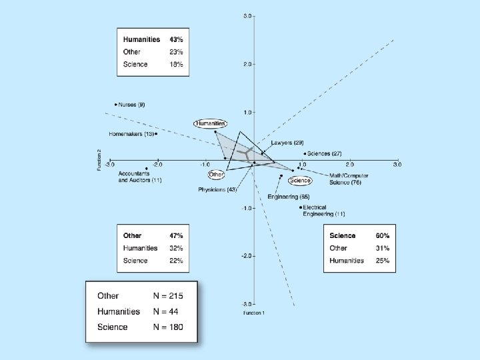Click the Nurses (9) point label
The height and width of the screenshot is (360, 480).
coord(132,105)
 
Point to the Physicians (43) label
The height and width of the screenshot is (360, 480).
coord(217,190)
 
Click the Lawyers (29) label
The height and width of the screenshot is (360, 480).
coord(287,143)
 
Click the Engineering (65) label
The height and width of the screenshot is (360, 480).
coord(289,197)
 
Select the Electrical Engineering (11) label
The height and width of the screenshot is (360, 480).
coord(323,211)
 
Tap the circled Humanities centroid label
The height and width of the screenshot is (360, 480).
coord(211,123)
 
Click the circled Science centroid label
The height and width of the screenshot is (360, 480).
coord(300,180)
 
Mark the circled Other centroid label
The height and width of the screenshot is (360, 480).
coord(216,175)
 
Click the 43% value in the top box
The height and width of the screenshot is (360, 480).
coord(177,39)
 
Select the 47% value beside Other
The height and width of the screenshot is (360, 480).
coord(177,236)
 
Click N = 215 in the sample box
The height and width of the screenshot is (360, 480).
coord(165,295)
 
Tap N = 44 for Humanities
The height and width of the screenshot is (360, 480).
coord(163,311)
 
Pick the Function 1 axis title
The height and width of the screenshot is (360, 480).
coord(253,313)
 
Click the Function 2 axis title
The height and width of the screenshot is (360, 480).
coord(99,160)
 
